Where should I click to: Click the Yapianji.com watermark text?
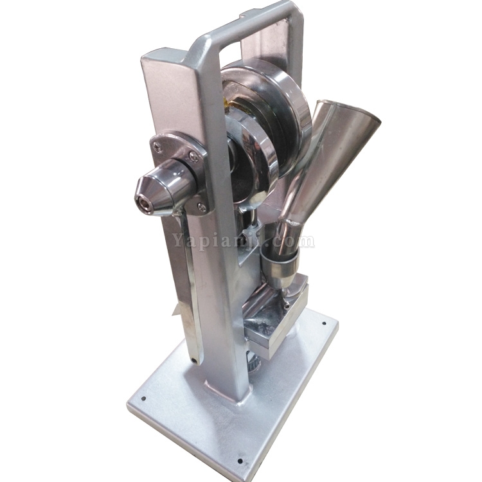tap(243, 241)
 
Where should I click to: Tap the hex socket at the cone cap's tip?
tap(143, 202)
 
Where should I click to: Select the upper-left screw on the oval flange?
tap(158, 148)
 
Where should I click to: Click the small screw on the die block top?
tap(287, 305)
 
